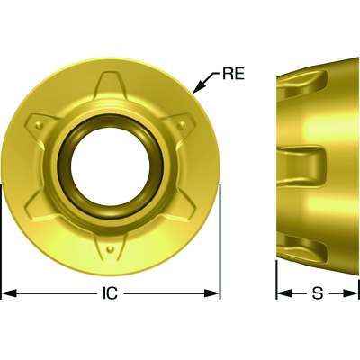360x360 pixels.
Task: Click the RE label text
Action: point(233,74)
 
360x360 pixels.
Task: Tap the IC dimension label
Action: point(110,293)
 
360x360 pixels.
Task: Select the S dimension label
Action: point(318,293)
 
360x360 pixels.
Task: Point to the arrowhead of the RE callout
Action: point(197,88)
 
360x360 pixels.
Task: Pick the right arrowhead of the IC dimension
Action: point(212,293)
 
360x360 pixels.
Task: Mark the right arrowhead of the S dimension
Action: point(351,293)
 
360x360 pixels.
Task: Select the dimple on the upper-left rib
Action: point(38,124)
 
